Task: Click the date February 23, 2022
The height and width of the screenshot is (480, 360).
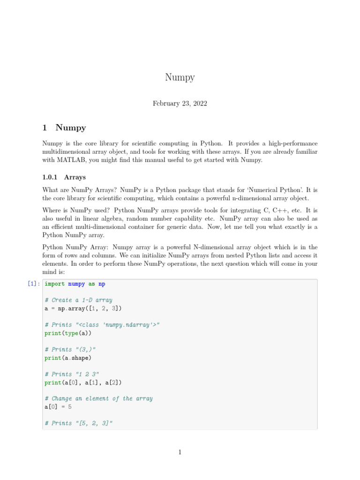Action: pyautogui.click(x=180, y=104)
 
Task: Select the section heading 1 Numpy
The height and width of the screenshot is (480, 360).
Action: pyautogui.click(x=64, y=127)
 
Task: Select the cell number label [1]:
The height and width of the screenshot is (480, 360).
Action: pyautogui.click(x=34, y=284)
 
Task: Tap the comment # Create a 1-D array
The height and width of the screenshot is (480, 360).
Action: pyautogui.click(x=78, y=300)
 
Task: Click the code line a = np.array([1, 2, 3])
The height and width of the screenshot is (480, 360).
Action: pyautogui.click(x=83, y=308)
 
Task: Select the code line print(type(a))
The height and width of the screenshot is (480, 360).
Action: pyautogui.click(x=68, y=333)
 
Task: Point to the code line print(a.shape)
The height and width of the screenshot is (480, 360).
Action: pyautogui.click(x=68, y=358)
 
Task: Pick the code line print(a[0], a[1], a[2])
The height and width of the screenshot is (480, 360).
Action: pyautogui.click(x=83, y=382)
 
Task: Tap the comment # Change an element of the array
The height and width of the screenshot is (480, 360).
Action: pyautogui.click(x=98, y=398)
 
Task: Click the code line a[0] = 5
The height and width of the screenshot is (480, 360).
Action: pyautogui.click(x=58, y=407)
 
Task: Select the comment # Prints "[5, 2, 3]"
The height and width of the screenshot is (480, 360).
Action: pyautogui.click(x=79, y=423)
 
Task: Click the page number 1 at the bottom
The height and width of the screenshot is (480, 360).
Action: pyautogui.click(x=180, y=452)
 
